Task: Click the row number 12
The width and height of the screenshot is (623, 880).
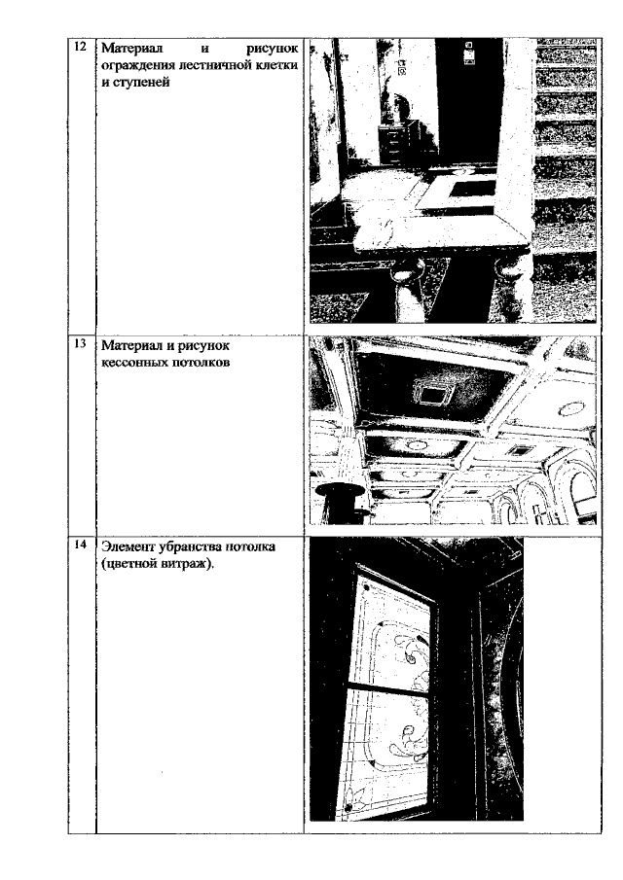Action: point(81,46)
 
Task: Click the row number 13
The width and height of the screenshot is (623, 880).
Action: point(81,343)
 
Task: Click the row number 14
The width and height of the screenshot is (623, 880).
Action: point(81,544)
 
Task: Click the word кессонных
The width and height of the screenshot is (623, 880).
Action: point(129,362)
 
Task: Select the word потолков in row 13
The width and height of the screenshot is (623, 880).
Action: point(197,362)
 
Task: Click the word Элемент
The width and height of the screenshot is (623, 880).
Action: point(127,546)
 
